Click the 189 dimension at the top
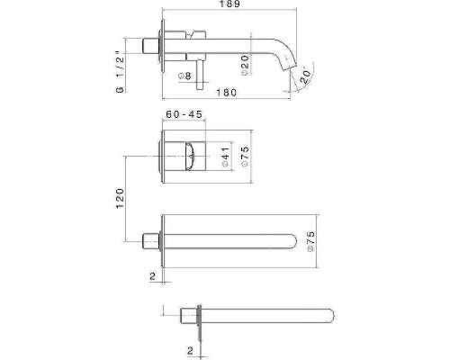coord(229,4)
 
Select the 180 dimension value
coord(227,93)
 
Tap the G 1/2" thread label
coord(120,72)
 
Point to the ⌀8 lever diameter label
coord(184,76)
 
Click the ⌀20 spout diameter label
coord(245,65)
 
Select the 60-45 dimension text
coord(184,114)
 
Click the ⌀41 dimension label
coord(226,157)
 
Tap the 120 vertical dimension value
coord(120,198)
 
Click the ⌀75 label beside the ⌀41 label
coord(245,156)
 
